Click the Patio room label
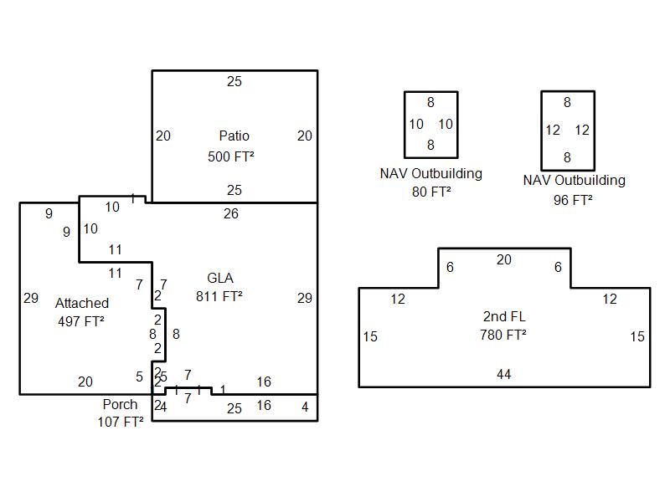point(234,136)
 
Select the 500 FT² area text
point(231,156)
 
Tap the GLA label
point(220,278)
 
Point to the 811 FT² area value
point(219,296)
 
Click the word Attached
point(82,303)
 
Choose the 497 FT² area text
point(81,321)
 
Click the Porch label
point(120,404)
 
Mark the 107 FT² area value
point(121,422)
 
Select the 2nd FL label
point(504,316)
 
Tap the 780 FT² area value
point(503,335)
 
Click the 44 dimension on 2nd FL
point(503,374)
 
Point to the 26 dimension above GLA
point(231,213)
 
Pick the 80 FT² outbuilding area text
point(431,192)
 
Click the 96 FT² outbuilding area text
point(573,200)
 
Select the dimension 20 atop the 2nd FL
point(503,260)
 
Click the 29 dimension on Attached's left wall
point(31,298)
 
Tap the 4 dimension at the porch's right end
point(305,407)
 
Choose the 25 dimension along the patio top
point(234,81)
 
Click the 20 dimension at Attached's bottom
point(85,382)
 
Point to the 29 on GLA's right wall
point(305,298)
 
